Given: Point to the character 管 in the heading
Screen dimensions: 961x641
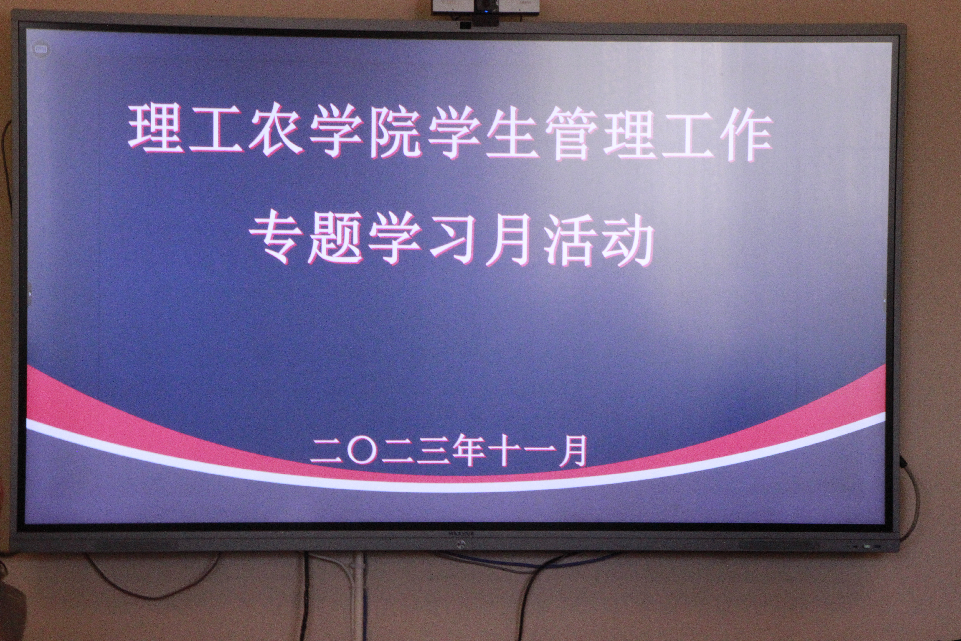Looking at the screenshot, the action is pyautogui.click(x=571, y=134).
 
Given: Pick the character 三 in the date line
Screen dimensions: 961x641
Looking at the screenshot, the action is pyautogui.click(x=433, y=451).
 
